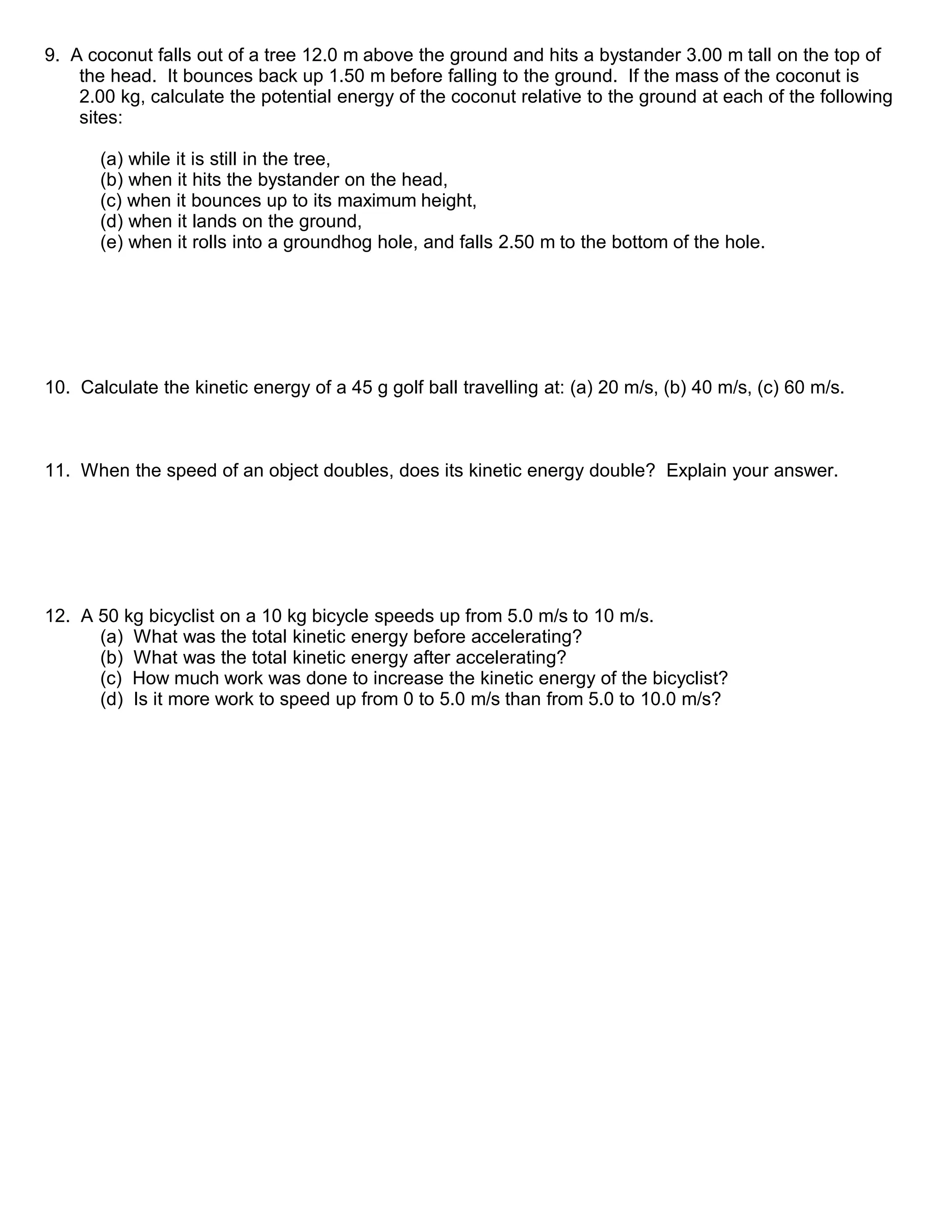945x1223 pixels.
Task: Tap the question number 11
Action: (x=57, y=470)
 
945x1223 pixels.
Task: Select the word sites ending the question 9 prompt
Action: (x=100, y=118)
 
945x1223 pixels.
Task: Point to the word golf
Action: (x=408, y=388)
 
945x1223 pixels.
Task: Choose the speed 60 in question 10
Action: (x=795, y=388)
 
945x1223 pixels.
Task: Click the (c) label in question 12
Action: (x=111, y=679)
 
